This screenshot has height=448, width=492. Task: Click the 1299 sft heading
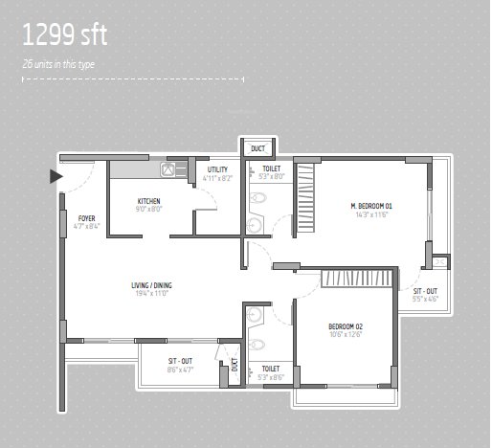click(x=65, y=36)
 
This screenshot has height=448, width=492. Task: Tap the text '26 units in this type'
click(x=58, y=63)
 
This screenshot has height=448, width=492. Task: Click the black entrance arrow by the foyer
click(x=56, y=175)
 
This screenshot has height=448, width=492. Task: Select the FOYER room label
click(x=86, y=218)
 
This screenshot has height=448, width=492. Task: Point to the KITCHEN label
click(x=148, y=200)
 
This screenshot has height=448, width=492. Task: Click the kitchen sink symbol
click(x=168, y=170)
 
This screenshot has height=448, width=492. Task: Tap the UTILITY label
click(x=217, y=169)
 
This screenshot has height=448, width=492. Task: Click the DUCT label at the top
click(x=257, y=148)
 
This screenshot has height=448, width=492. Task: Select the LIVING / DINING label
click(x=152, y=284)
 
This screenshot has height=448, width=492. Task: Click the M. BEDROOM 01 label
click(x=371, y=206)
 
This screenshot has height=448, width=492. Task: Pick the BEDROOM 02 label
click(x=346, y=326)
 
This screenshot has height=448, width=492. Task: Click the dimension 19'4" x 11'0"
click(x=152, y=293)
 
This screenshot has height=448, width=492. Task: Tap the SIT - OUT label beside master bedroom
click(x=425, y=290)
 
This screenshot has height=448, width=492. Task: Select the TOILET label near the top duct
click(x=271, y=168)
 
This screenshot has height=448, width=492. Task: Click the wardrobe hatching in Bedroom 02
click(x=356, y=278)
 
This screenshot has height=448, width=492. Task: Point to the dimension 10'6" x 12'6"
click(x=346, y=335)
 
